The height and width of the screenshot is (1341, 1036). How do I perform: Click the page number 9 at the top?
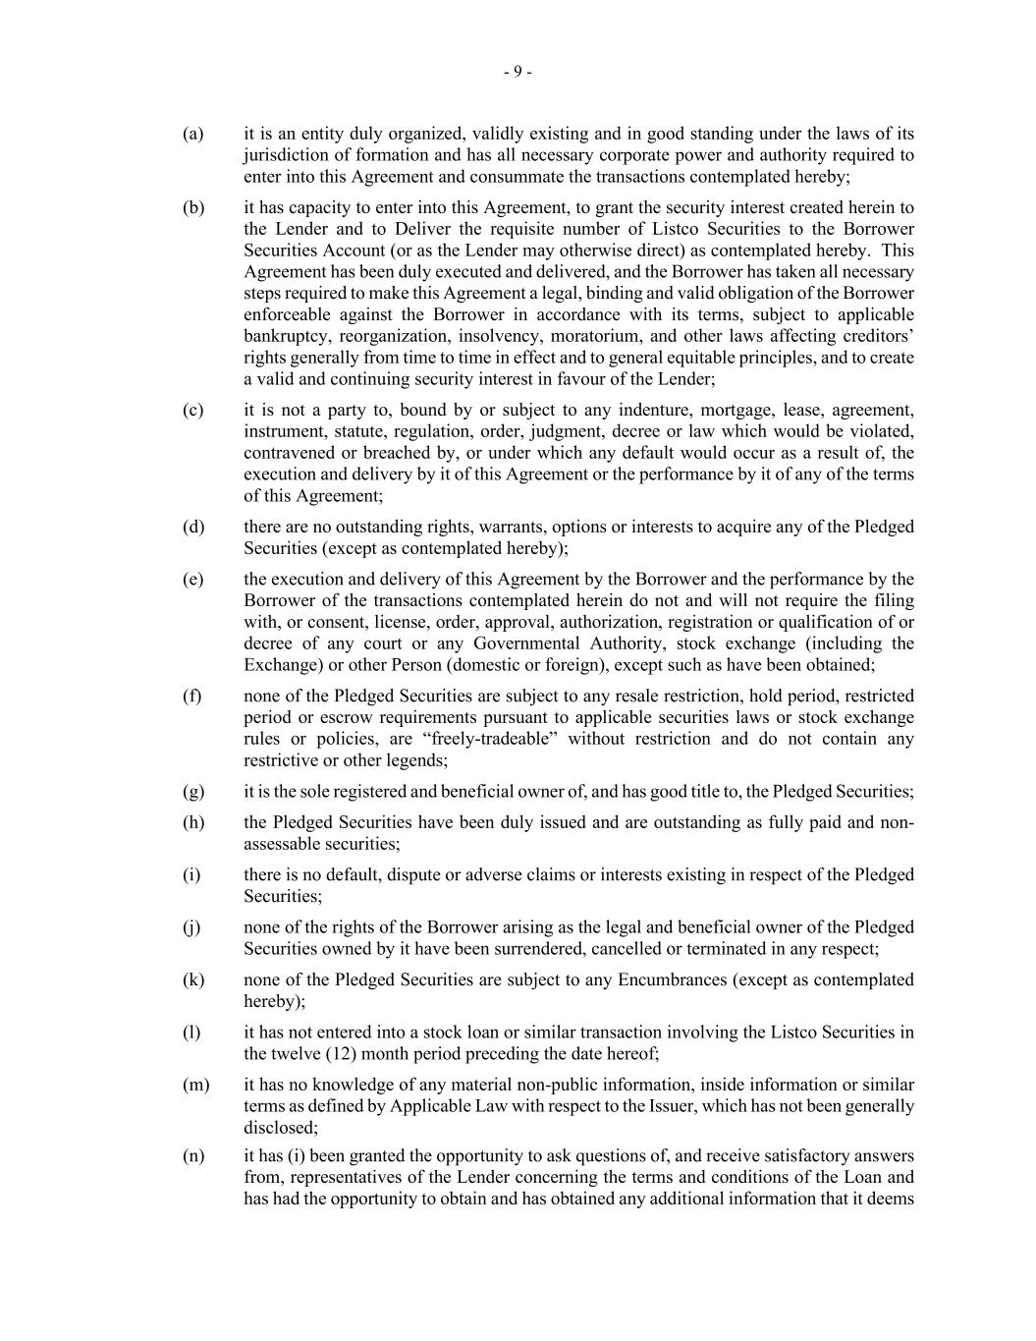(x=518, y=72)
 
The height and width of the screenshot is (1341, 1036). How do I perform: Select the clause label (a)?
(x=192, y=134)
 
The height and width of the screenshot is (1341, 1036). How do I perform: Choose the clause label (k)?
(x=192, y=979)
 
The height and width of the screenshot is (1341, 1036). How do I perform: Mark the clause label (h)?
(x=192, y=822)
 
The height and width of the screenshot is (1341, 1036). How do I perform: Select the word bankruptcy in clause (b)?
(x=286, y=336)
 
